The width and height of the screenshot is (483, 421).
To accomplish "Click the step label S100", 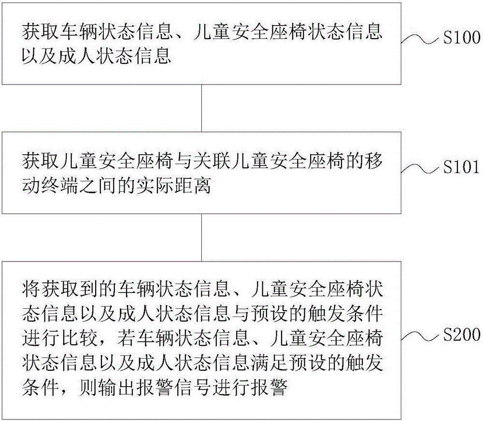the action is point(462,37).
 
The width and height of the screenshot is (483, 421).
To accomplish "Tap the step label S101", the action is point(461,167).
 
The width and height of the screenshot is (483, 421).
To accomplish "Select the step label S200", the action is point(462,334).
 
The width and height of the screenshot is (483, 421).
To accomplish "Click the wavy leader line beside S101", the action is point(420,169).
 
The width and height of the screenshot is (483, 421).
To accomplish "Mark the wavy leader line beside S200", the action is point(420,336).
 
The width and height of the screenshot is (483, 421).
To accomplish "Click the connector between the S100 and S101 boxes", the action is point(202,108).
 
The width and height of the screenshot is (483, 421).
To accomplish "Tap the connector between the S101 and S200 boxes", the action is point(202,238).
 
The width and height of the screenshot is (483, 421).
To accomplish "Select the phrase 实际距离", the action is point(173,186).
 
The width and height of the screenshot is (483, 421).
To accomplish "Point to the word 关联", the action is point(212,161).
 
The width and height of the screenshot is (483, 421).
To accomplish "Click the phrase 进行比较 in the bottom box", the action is point(59,338).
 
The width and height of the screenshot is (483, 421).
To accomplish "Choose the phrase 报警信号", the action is point(173,387).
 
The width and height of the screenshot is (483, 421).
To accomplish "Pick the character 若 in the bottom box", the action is point(126,338).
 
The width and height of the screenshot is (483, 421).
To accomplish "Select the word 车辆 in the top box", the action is point(78,31).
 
